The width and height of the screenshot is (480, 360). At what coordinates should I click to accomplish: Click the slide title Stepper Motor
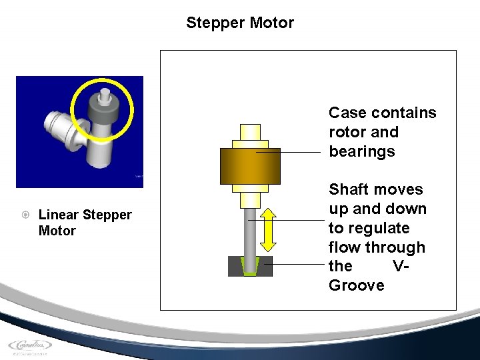tap(240, 23)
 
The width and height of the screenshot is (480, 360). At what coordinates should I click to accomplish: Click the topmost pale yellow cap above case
tap(250, 132)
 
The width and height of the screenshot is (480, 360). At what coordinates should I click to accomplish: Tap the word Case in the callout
tap(347, 113)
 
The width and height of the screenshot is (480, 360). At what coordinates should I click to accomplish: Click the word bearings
tap(362, 151)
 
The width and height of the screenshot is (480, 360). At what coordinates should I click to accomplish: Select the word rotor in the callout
tap(345, 132)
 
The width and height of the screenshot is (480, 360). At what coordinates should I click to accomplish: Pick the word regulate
tap(378, 228)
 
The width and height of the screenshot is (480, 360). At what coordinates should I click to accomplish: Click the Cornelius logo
tap(30, 345)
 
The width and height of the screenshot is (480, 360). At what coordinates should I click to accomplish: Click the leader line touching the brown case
tap(293, 152)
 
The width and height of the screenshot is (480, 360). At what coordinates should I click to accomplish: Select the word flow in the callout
tap(343, 247)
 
